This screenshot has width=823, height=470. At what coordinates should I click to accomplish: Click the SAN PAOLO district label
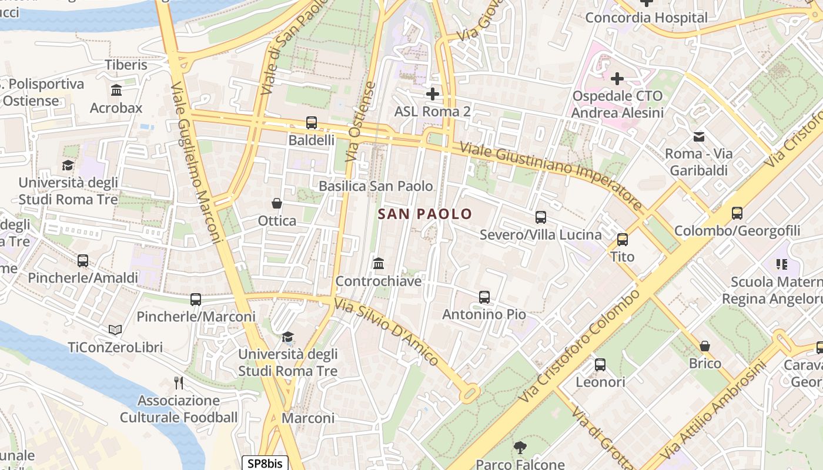click(425, 214)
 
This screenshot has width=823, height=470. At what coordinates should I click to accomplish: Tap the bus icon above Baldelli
click(312, 123)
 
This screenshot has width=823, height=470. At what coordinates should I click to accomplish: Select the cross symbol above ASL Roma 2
click(433, 93)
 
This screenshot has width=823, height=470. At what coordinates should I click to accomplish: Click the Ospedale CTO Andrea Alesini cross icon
click(617, 78)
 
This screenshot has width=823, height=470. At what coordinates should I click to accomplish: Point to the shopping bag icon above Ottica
click(277, 203)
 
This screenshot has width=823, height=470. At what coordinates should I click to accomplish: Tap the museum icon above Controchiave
click(379, 263)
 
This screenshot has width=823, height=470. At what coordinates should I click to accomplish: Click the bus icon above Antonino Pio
click(484, 297)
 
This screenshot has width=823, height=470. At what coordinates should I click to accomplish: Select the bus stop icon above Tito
click(623, 239)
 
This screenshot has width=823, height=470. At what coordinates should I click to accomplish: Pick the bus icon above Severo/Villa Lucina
click(541, 217)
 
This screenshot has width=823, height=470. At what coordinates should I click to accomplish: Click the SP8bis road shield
click(265, 464)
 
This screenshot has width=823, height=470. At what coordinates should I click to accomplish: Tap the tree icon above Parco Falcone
click(520, 447)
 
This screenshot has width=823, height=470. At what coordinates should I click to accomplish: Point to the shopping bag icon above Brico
click(705, 346)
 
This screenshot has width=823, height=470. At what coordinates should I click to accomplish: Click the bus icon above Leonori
click(600, 364)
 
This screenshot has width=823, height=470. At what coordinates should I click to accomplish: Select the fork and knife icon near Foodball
click(179, 383)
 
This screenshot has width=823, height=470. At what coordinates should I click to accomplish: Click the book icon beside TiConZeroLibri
click(115, 330)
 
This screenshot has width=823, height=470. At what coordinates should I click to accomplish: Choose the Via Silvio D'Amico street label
click(386, 333)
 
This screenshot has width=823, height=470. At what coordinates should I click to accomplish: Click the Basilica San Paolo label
click(376, 186)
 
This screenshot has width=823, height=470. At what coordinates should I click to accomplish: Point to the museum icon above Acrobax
click(116, 90)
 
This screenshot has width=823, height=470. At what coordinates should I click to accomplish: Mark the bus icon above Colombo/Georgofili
click(737, 213)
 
